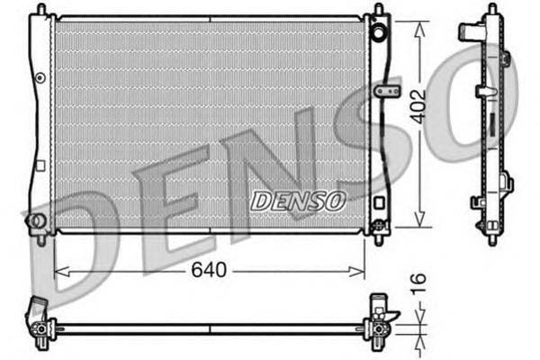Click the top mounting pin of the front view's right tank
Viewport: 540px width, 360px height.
[x=378, y=9]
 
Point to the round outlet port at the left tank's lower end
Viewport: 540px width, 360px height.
[x=37, y=220]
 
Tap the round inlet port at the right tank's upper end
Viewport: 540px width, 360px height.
[x=381, y=34]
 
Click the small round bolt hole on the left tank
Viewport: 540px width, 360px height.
[x=39, y=78]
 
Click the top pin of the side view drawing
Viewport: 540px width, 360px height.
[x=490, y=8]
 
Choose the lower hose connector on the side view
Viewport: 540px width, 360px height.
[x=478, y=202]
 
